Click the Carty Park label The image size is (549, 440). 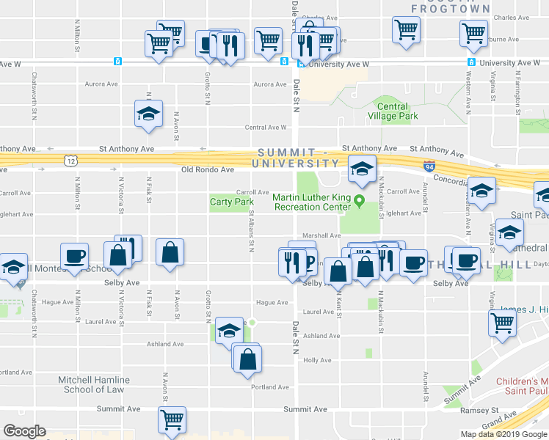[231, 202]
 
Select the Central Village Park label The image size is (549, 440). [393, 111]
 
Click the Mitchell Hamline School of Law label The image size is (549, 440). [93, 384]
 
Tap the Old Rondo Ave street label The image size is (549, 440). [208, 170]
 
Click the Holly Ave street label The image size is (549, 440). [318, 360]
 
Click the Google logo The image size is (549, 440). [24, 430]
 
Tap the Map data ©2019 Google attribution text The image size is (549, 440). [503, 434]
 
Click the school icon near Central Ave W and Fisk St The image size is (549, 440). [148, 114]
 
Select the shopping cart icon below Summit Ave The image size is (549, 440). [172, 421]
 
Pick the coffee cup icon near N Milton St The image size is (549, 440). [74, 256]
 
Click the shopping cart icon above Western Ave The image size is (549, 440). [473, 32]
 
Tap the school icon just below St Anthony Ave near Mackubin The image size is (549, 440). [361, 169]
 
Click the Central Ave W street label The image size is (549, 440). [266, 127]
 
